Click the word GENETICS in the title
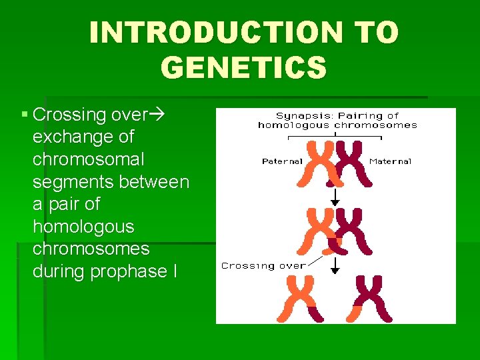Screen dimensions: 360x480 pos(244,67)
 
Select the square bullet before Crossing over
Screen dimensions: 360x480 pos(24,115)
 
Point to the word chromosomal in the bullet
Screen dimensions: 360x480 pos(88,160)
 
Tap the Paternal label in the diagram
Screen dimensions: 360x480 pos(282,161)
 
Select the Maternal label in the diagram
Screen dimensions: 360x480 pos(390,161)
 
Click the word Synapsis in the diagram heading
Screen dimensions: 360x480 pos(299,116)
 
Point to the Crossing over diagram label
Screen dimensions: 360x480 pos(263,265)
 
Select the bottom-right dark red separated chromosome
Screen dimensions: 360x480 pos(371,297)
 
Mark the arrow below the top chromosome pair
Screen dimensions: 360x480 pos(335,196)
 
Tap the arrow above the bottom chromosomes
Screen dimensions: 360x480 pos(335,265)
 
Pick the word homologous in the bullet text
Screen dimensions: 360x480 pos(83,227)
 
